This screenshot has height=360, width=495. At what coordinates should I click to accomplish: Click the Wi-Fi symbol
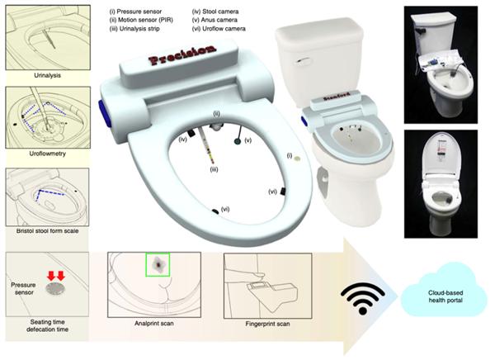click(363, 299)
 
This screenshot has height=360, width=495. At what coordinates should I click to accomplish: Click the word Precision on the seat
click(182, 55)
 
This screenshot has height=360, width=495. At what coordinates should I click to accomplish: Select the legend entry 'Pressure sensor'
click(135, 12)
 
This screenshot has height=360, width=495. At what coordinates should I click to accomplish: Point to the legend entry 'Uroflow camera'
click(219, 29)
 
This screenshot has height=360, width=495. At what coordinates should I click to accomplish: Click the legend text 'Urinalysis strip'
click(134, 29)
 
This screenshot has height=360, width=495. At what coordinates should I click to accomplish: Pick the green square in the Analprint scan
click(158, 264)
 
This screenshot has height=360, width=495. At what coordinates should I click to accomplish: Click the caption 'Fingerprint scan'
click(267, 324)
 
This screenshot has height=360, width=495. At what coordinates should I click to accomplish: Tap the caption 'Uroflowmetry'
click(48, 154)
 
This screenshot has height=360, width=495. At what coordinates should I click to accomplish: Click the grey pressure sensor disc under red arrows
click(56, 288)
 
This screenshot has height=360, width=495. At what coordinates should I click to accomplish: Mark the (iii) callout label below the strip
click(214, 170)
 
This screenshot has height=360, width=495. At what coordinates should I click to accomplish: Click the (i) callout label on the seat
click(290, 155)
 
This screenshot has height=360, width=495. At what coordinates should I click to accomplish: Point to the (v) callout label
click(248, 140)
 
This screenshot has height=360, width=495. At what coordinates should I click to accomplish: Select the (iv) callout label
click(183, 139)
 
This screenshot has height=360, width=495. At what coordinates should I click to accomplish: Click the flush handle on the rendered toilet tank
click(301, 61)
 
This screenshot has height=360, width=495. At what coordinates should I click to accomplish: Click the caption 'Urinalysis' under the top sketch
click(47, 75)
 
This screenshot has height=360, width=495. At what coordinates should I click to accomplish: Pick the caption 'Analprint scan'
click(154, 324)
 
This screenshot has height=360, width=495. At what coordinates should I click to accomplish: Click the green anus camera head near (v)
click(238, 141)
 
